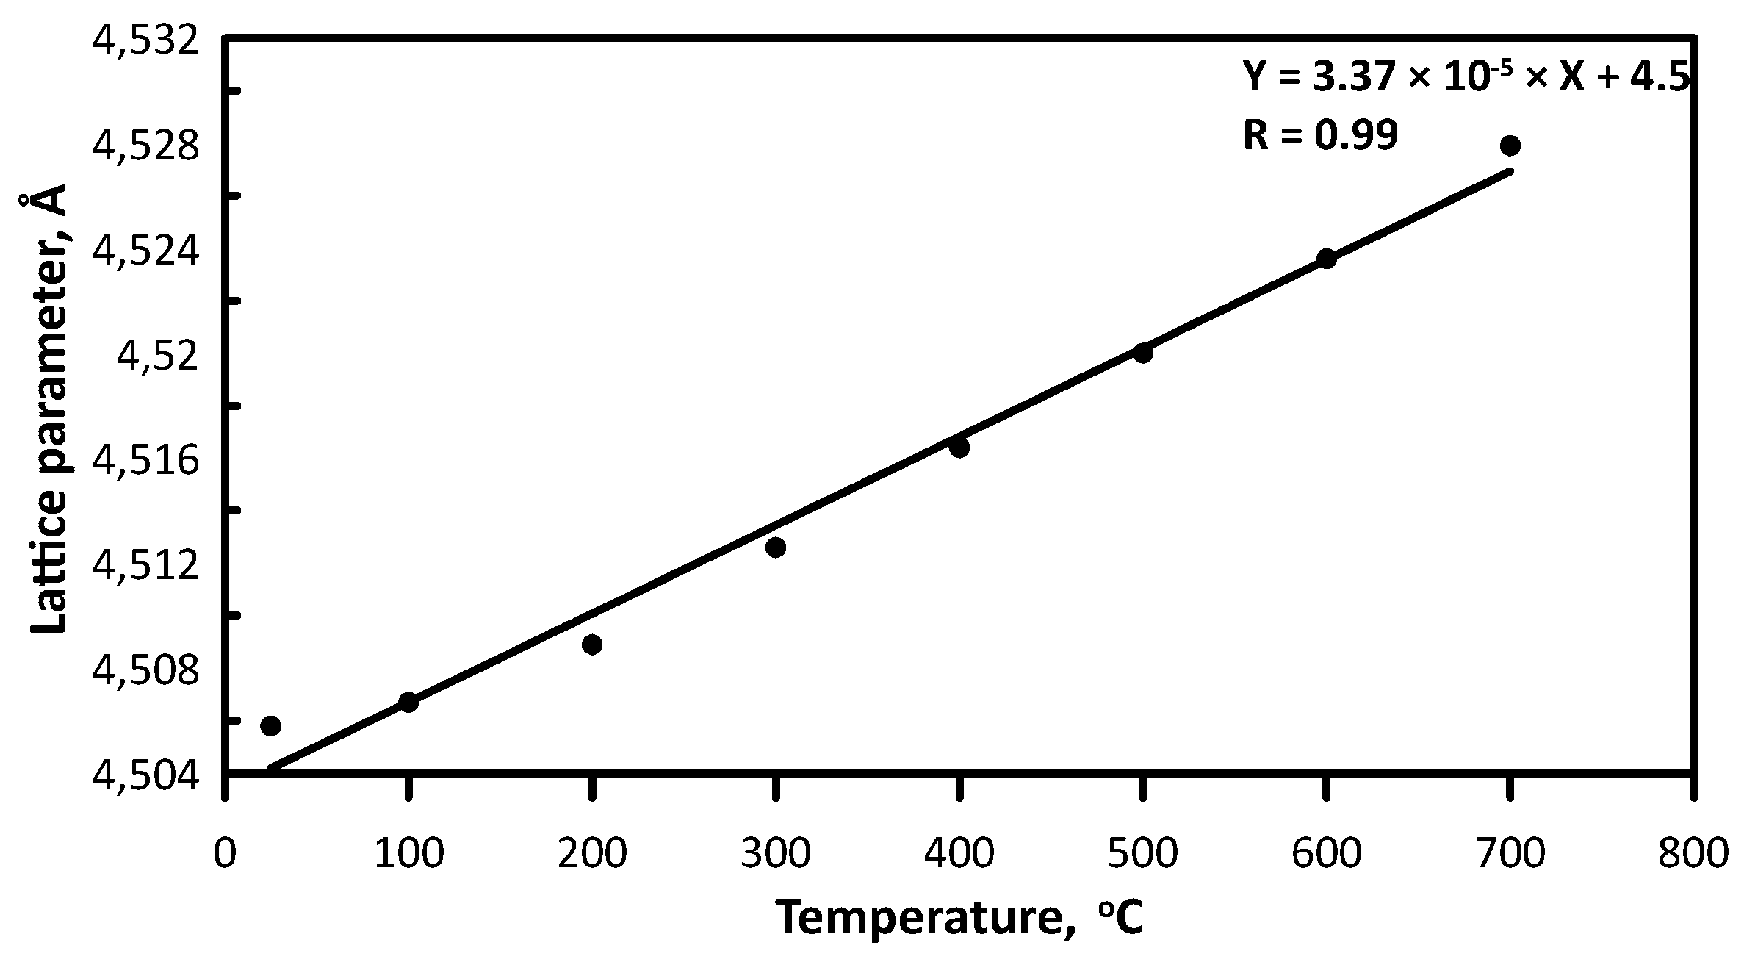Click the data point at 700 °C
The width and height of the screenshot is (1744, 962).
1510,146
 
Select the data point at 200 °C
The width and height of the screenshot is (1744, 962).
591,645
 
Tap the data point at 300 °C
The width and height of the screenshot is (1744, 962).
775,547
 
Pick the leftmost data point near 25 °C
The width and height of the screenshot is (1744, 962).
270,726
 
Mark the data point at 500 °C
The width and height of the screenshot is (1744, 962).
1142,353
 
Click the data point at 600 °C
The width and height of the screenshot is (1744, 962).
1326,259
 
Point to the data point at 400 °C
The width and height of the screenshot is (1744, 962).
959,448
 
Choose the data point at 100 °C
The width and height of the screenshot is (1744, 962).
408,702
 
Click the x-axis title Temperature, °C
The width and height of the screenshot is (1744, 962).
959,918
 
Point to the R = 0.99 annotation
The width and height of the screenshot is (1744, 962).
1319,135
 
